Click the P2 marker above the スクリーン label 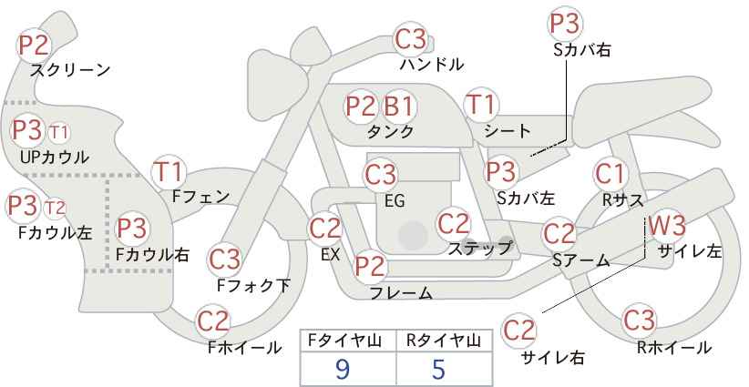(34, 46)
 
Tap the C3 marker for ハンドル (411, 39)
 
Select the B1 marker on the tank (399, 106)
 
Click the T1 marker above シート (481, 105)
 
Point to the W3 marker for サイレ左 (668, 225)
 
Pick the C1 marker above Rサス (610, 174)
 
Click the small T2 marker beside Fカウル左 (55, 209)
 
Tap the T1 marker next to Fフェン (169, 172)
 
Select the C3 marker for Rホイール (639, 321)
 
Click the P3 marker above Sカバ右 (565, 24)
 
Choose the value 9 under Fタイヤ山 (343, 369)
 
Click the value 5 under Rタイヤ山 (438, 369)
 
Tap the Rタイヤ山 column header (443, 341)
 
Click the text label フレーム (401, 293)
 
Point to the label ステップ (479, 248)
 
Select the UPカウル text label (55, 157)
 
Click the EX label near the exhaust (330, 254)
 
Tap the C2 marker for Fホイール (213, 321)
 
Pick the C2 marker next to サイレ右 (518, 330)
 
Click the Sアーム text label (580, 260)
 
